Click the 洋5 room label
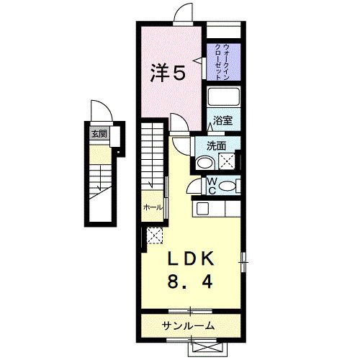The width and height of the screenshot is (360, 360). tap(168, 72)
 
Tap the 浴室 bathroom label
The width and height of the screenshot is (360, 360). tap(222, 120)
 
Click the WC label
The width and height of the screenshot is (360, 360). tap(213, 186)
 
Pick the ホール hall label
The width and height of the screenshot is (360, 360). tap(152, 207)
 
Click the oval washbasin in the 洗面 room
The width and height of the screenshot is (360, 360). tap(204, 163)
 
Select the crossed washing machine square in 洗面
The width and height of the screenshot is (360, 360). tap(228, 161)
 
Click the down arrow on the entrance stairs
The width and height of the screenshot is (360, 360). tap(98, 189)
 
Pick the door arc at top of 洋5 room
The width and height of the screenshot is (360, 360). tap(181, 14)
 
